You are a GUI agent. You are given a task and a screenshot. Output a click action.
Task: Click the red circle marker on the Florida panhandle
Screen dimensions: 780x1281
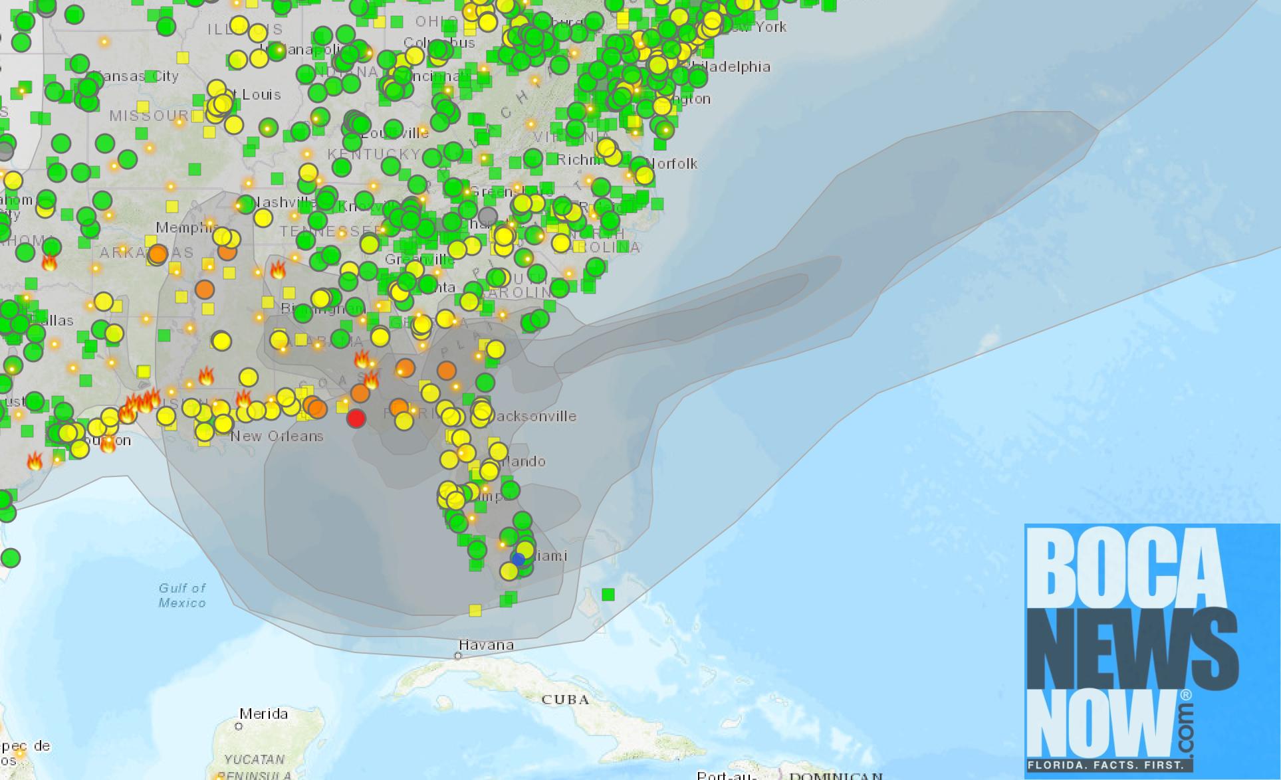coord(356,419)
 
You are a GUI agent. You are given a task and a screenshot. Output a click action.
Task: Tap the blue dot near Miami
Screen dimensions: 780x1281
coord(519,559)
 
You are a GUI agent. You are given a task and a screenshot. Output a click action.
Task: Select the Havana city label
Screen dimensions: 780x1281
coord(486,644)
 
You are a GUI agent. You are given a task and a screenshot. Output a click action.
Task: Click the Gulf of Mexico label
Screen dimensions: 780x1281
coord(182,595)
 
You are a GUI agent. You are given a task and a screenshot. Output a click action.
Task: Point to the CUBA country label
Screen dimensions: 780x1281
coord(565,699)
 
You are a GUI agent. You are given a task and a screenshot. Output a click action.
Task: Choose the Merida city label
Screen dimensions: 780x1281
coord(264,714)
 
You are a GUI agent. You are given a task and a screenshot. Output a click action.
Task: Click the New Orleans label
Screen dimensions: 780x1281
coord(277,436)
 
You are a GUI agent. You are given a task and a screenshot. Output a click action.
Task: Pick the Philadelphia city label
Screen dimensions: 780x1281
coord(731,66)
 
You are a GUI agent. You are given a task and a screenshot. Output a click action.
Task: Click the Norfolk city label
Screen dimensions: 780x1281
coord(672,163)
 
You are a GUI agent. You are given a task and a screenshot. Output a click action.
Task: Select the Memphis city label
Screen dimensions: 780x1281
coord(186,228)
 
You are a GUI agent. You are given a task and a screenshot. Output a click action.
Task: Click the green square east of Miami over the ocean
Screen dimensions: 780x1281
coord(608,594)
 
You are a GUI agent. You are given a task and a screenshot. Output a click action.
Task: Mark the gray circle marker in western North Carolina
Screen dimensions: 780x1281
coord(488,215)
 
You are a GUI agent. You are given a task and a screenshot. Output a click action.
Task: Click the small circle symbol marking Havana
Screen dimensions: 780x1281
coord(458,656)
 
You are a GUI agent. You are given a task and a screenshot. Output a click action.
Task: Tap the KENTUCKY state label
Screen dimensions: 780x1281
coord(374,154)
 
